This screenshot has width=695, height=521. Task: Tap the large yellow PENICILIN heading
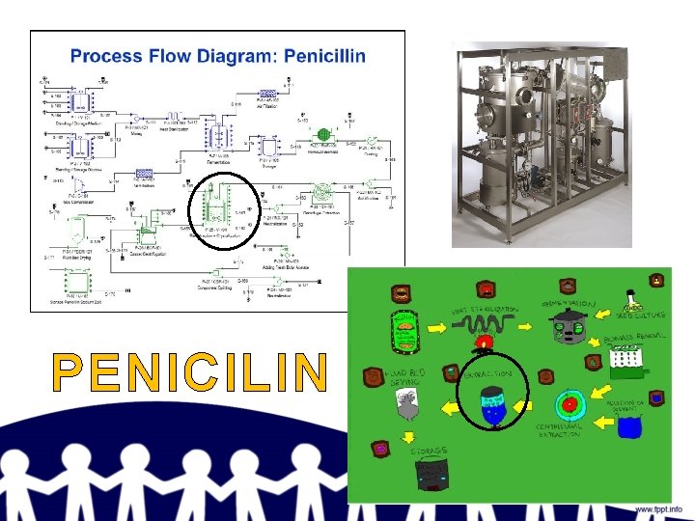(x=189, y=373)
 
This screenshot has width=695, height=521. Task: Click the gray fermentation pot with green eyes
(x=563, y=328)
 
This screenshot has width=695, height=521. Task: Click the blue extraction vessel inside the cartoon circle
(x=492, y=406)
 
